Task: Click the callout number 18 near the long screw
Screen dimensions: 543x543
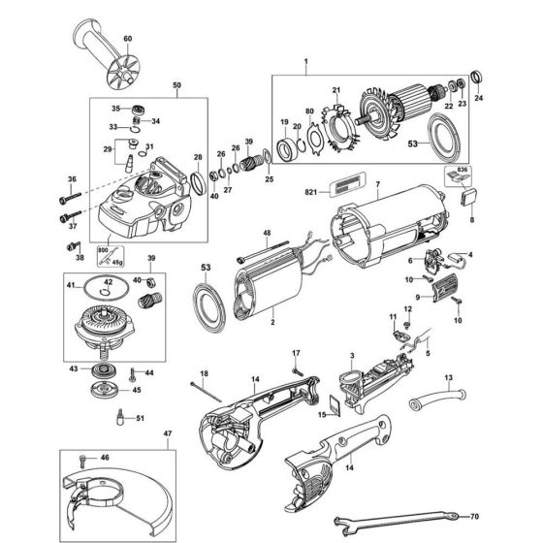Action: tap(204, 374)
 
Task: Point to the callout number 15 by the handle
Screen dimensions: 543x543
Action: tap(321, 415)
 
